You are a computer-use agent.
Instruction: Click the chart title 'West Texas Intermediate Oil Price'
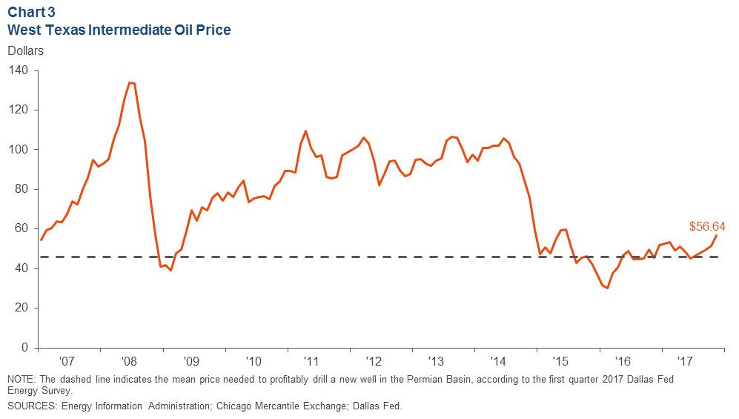click(x=119, y=30)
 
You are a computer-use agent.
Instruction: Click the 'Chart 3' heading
click(x=30, y=13)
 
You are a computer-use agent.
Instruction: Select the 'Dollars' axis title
click(x=26, y=51)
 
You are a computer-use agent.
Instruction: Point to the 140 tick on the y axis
click(x=19, y=70)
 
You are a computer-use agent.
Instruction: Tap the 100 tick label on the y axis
click(x=19, y=150)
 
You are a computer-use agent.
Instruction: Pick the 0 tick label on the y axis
click(x=24, y=348)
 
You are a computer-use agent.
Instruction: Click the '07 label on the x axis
click(x=67, y=362)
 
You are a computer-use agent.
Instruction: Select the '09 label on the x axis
click(x=191, y=362)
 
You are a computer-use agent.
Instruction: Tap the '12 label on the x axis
click(x=375, y=362)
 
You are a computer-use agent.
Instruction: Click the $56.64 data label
click(x=706, y=227)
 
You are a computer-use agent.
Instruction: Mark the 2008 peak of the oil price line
click(x=130, y=82)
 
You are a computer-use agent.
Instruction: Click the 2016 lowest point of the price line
click(x=608, y=288)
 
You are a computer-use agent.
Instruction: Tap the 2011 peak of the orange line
click(x=306, y=131)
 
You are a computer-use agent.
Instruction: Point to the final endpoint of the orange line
click(x=717, y=235)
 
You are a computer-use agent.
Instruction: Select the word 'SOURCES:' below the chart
click(x=30, y=406)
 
